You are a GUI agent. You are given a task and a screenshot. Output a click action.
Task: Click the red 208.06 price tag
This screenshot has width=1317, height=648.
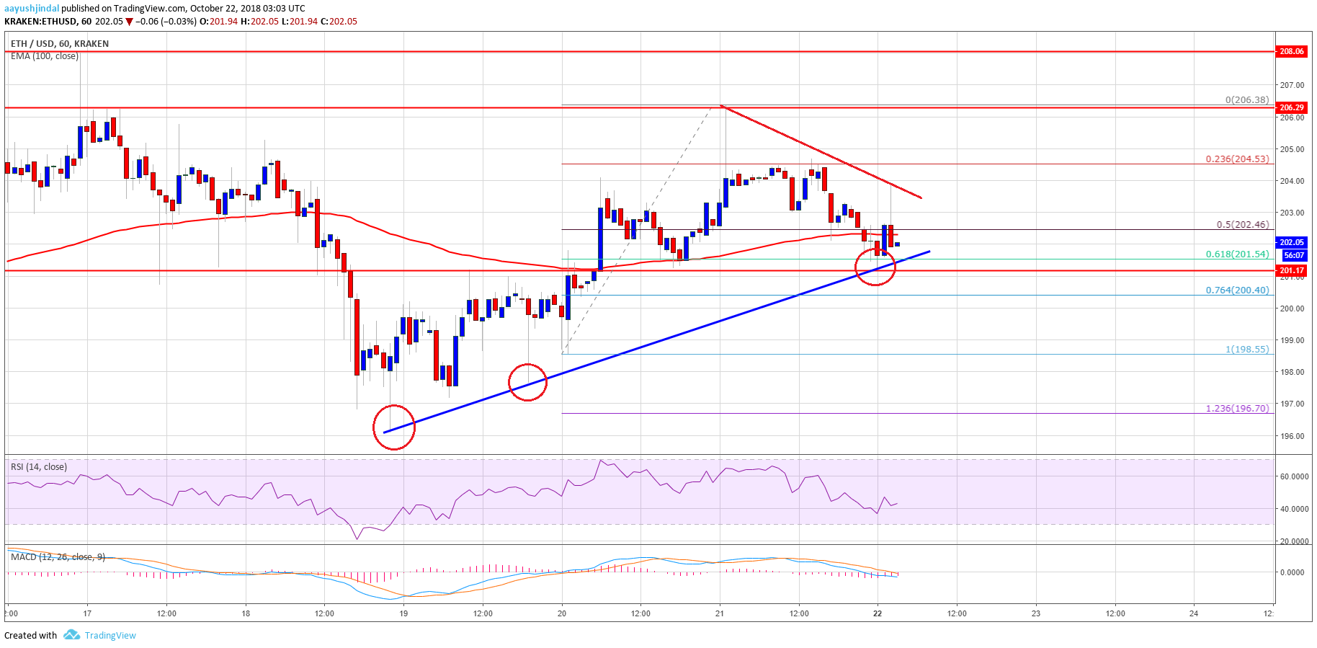pyautogui.click(x=1291, y=51)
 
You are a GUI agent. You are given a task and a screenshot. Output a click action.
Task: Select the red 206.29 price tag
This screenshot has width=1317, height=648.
pyautogui.click(x=1291, y=107)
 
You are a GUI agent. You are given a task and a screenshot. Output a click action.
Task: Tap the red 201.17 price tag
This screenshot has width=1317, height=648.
pyautogui.click(x=1291, y=270)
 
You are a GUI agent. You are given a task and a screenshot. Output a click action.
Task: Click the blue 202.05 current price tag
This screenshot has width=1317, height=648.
pyautogui.click(x=1291, y=242)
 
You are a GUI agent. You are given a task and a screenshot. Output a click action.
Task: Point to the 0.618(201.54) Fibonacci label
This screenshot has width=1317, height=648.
pyautogui.click(x=1237, y=254)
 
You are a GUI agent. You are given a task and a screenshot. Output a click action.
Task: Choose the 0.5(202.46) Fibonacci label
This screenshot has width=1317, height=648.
pyautogui.click(x=1242, y=224)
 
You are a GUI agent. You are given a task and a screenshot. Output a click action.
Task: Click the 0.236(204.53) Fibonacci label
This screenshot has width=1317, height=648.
pyautogui.click(x=1237, y=159)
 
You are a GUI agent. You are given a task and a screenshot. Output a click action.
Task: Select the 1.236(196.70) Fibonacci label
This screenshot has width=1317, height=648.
pyautogui.click(x=1237, y=408)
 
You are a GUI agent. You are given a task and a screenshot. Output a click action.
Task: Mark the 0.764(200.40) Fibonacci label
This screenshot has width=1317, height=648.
pyautogui.click(x=1237, y=290)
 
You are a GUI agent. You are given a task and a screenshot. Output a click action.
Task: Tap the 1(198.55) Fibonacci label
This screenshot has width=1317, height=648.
pyautogui.click(x=1246, y=349)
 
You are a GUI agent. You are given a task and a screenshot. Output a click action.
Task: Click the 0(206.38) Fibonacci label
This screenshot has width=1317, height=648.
pyautogui.click(x=1246, y=99)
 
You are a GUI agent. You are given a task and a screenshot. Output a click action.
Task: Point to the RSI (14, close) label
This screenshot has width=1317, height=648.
pyautogui.click(x=39, y=467)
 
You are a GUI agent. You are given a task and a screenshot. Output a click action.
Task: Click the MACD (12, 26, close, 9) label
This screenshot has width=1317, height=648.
pyautogui.click(x=58, y=556)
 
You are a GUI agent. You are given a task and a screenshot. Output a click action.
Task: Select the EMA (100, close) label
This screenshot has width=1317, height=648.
pyautogui.click(x=45, y=56)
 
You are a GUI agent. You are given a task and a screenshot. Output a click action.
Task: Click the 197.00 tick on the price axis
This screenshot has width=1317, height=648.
pyautogui.click(x=1291, y=404)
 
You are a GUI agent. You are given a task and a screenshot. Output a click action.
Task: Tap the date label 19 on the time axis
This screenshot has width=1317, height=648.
pyautogui.click(x=403, y=613)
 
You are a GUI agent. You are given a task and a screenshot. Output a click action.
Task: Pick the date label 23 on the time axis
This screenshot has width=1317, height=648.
pyautogui.click(x=1036, y=613)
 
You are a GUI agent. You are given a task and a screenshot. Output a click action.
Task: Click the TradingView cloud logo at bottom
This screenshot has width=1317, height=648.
pyautogui.click(x=71, y=635)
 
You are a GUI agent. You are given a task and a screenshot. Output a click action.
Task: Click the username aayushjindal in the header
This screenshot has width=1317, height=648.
pyautogui.click(x=32, y=9)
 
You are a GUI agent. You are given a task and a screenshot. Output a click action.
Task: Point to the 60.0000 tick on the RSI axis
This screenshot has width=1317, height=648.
pyautogui.click(x=1294, y=476)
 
